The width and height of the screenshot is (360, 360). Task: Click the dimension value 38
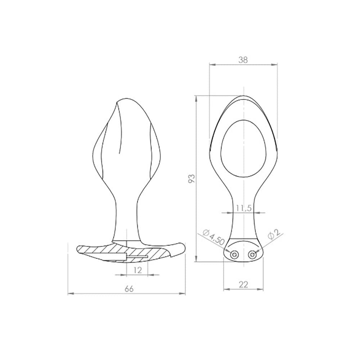[x=243, y=60]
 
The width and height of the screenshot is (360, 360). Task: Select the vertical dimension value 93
[x=192, y=179]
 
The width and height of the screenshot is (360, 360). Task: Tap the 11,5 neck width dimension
[x=244, y=208]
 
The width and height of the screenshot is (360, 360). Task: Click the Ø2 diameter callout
[x=274, y=234]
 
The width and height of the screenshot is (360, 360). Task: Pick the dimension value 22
[x=243, y=285]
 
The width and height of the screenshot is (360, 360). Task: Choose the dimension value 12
[x=138, y=270]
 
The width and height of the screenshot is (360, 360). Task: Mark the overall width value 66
[x=129, y=289]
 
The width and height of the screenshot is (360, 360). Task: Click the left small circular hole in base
[x=235, y=255]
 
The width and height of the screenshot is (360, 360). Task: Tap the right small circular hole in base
[x=253, y=255]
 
